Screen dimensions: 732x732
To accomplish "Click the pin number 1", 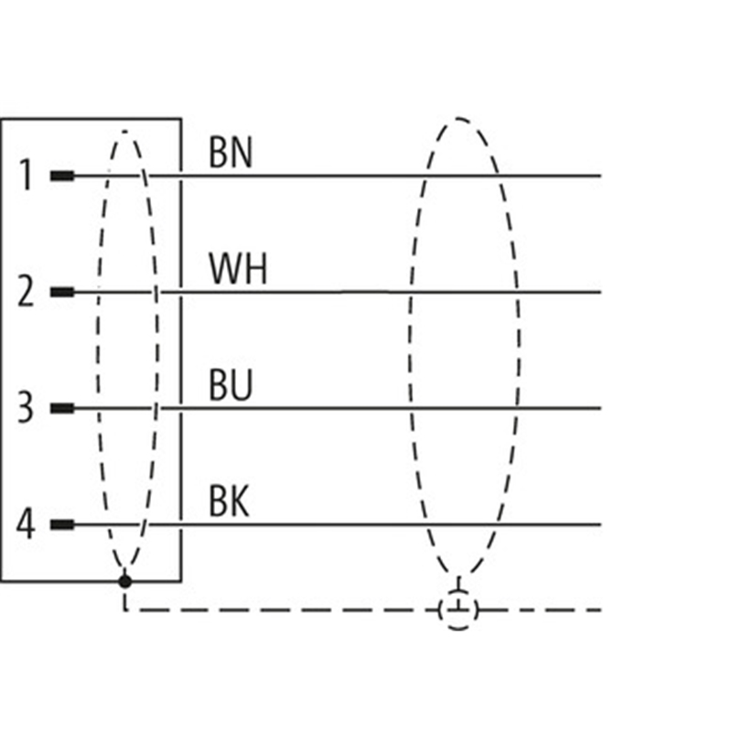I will (x=27, y=175).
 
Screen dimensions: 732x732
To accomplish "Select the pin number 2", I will (x=27, y=292).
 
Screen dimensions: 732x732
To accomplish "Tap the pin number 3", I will (x=27, y=408).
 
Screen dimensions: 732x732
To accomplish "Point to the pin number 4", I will (x=27, y=524).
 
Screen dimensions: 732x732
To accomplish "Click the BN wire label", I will (x=231, y=153).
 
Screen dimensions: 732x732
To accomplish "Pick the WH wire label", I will (x=238, y=270).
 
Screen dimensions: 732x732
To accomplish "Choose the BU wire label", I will (x=231, y=386).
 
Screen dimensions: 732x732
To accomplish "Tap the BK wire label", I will (x=229, y=502).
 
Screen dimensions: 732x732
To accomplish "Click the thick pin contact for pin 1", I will (x=62, y=176).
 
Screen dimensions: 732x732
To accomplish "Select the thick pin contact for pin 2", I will (x=62, y=292).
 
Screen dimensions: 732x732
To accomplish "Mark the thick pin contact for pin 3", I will (x=62, y=408).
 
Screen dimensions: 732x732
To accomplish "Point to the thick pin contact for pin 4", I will (x=62, y=524).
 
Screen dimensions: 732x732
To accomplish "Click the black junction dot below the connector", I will (x=125, y=581).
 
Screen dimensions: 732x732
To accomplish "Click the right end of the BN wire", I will (x=599, y=176).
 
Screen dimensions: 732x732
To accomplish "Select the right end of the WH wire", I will (x=599, y=292).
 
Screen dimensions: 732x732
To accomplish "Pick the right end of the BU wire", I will (x=599, y=408).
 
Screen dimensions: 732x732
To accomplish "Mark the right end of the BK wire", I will (x=599, y=524).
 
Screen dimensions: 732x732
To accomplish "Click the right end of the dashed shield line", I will (x=599, y=609).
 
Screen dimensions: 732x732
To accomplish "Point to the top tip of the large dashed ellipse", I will (x=459, y=118).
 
